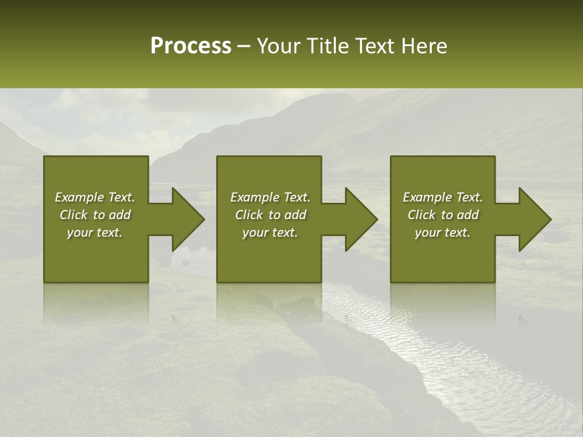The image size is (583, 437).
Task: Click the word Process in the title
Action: pos(191,46)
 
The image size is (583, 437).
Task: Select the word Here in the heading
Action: pos(424,46)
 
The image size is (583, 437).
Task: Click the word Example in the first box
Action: pos(80,197)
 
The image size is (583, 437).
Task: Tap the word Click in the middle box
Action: pos(248,215)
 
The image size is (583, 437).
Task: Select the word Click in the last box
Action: pos(421,215)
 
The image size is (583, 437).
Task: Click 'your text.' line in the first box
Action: pos(95,232)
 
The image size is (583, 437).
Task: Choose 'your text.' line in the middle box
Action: pos(270,232)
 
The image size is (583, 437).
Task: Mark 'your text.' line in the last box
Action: pos(443,232)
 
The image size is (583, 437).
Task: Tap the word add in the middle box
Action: pos(296,215)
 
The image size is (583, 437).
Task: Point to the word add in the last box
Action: pos(468,215)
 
